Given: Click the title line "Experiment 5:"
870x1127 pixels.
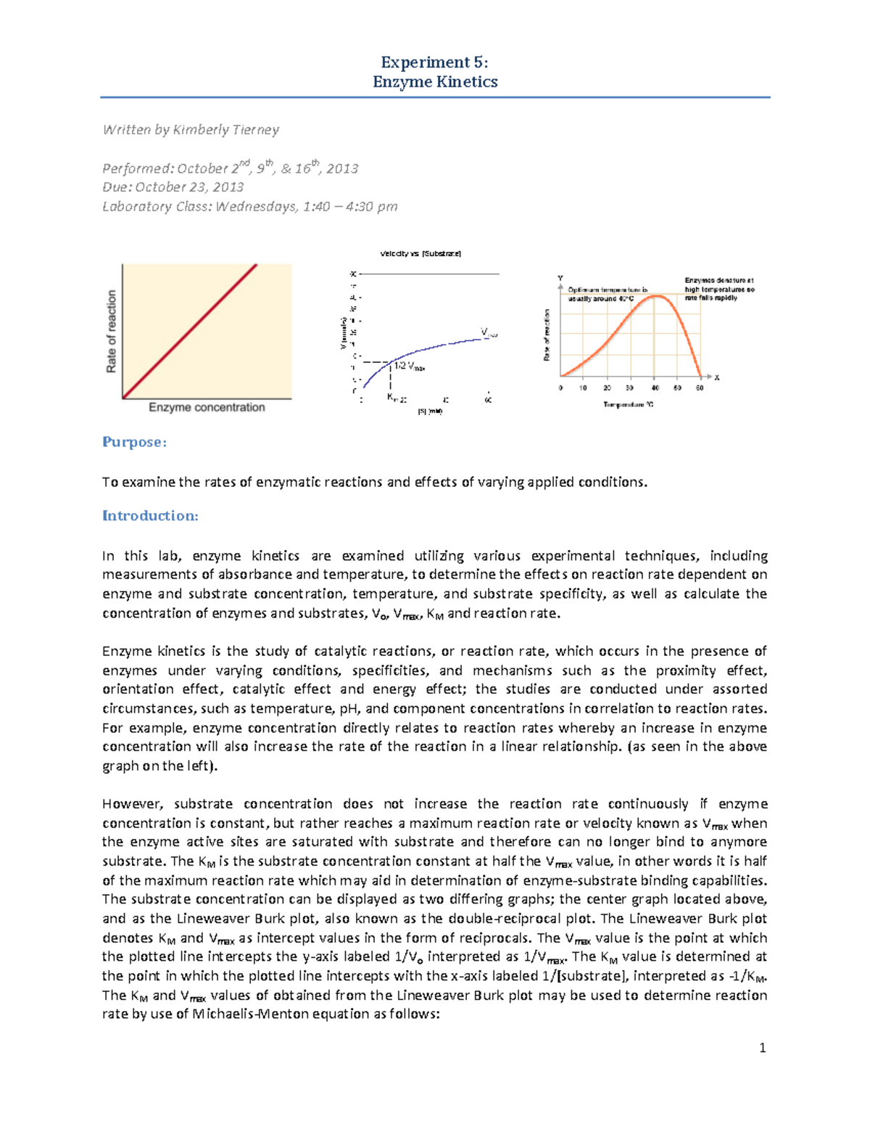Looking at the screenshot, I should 434,62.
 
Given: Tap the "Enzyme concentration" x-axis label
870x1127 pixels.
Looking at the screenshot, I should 207,407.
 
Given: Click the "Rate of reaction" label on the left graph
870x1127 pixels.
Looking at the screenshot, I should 112,332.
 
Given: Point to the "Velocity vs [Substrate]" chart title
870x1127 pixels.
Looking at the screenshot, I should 420,254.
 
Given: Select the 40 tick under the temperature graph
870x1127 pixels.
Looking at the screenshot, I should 655,388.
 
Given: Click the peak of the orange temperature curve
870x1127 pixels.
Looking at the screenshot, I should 655,295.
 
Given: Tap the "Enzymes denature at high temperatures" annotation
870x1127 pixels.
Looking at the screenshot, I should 719,289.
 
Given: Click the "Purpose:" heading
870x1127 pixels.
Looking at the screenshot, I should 134,442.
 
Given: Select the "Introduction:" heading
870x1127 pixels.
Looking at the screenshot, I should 150,516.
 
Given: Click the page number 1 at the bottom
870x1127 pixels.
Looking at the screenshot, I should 762,1048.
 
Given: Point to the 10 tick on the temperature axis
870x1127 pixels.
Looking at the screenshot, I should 583,388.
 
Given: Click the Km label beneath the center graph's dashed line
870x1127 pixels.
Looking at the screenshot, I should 392,397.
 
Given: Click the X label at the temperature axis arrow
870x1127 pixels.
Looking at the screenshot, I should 716,377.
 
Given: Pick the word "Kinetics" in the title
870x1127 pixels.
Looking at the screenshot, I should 466,82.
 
